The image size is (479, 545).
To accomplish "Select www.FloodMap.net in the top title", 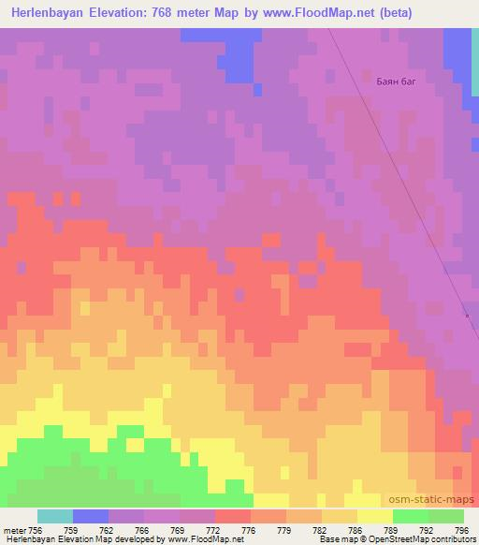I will pos(306,12).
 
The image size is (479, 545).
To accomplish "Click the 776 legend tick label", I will pos(250,530).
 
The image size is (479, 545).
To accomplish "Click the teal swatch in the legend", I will pos(55,516).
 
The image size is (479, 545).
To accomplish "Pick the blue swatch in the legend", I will pos(91,516).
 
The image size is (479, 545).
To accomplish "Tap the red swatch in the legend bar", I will pos(233,516).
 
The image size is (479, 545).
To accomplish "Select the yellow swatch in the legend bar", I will pos(374,516).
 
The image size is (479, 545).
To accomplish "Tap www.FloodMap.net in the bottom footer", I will pos(205,539).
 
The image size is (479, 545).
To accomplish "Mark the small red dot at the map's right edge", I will pos(468,316).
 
